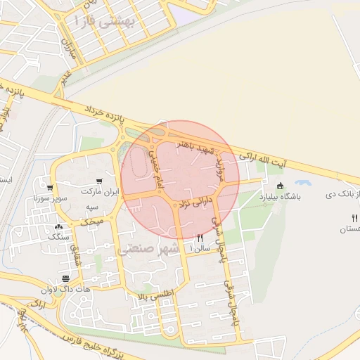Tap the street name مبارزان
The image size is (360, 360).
[67, 47]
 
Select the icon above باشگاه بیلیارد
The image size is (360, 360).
[281, 186]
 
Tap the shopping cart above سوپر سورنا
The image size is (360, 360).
[50, 188]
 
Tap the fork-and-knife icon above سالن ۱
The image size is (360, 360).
[200, 238]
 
